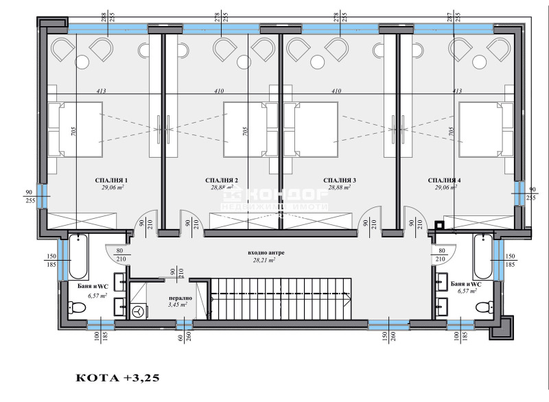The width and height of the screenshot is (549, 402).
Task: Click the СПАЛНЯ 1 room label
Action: pos(112,180)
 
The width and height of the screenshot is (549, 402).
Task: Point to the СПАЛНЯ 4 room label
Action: pos(444,180)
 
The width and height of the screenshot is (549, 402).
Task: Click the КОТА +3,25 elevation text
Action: pos(121,377)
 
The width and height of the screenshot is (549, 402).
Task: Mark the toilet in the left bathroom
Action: pos(77,305)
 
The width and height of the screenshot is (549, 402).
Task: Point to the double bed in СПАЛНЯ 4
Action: pos(486,128)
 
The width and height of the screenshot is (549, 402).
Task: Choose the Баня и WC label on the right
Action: pos(467,283)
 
